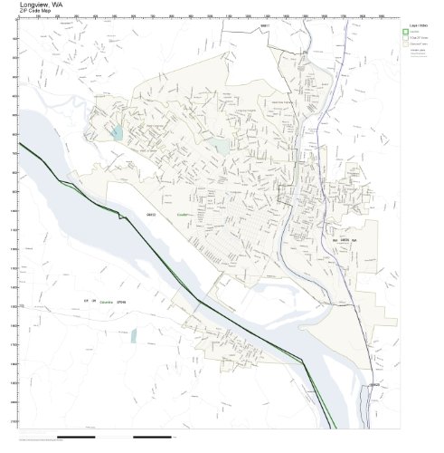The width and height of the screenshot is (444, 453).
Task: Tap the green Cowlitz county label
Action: coord(184,215)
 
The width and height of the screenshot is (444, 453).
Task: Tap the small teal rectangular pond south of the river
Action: coord(133,336)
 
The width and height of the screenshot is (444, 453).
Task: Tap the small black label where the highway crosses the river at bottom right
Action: coord(373,384)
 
